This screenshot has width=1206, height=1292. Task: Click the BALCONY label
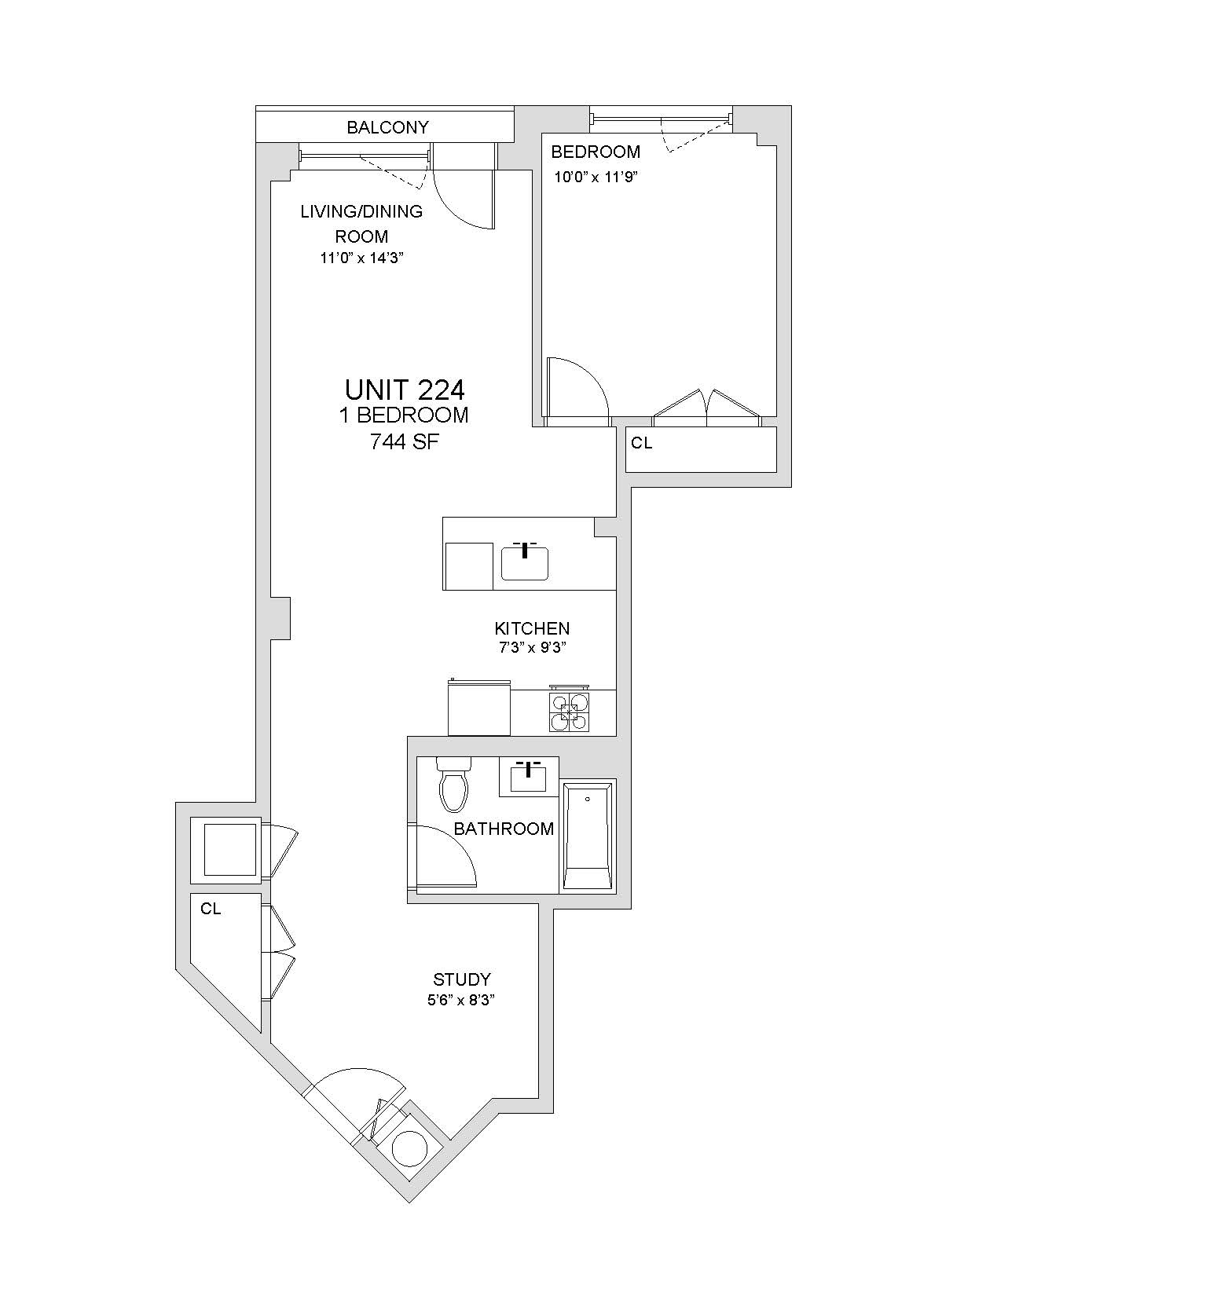388,127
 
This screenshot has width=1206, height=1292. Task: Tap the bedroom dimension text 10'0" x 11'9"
595,177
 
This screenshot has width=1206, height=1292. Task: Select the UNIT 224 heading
405,390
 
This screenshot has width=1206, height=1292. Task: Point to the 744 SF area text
404,441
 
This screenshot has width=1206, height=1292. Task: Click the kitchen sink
525,561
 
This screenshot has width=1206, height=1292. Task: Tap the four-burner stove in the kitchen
570,712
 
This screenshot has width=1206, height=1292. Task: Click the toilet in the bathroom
453,784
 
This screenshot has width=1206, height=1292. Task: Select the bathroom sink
529,776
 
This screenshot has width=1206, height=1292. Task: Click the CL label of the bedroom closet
641,444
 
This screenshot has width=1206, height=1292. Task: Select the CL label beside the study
211,909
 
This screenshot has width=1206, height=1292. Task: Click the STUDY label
462,979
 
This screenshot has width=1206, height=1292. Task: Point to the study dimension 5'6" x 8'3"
462,1000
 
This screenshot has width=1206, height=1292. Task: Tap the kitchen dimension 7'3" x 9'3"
532,648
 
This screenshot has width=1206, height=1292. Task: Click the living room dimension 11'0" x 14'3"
362,258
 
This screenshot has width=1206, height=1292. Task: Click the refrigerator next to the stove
479,708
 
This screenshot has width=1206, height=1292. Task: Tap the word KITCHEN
532,628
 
